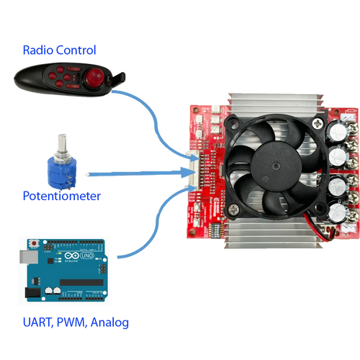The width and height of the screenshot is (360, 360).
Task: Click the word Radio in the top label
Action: (x=38, y=50)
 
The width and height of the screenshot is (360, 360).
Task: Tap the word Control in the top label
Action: (x=76, y=50)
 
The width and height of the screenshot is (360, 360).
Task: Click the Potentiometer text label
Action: (x=62, y=196)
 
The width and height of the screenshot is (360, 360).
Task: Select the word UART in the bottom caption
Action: (x=37, y=322)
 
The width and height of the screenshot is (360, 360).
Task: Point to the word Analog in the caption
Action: (x=109, y=323)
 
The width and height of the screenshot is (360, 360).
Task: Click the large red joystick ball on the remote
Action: (x=94, y=77)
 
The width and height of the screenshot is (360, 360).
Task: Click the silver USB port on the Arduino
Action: (x=29, y=256)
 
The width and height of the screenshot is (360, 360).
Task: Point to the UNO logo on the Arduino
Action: (x=87, y=256)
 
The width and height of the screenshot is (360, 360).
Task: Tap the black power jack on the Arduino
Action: (x=33, y=293)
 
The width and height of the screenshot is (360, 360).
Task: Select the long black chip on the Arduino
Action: (x=81, y=282)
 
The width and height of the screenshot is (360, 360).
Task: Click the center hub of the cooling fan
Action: (x=276, y=166)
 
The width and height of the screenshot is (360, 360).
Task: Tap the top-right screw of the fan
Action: (x=318, y=124)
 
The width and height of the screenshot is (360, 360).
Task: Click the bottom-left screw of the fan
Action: (x=233, y=210)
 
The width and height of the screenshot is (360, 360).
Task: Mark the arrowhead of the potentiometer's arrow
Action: (x=188, y=173)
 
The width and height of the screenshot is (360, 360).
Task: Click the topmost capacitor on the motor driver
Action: (x=337, y=132)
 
